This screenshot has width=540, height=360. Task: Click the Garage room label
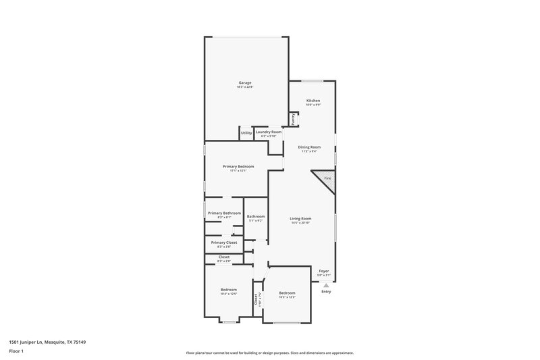(x=245, y=82)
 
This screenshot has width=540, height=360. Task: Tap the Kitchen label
(x=313, y=101)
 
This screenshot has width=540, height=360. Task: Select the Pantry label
(x=294, y=118)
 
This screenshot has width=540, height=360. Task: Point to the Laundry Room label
(x=269, y=132)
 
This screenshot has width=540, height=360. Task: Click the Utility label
(x=246, y=133)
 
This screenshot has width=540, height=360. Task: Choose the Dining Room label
(x=310, y=147)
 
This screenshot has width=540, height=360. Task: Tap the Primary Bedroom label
(x=239, y=166)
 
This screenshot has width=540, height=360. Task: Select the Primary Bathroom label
(x=224, y=213)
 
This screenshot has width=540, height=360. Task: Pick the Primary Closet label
(x=224, y=242)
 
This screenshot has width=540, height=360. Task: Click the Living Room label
(x=300, y=218)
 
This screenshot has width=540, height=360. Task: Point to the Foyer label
(x=324, y=271)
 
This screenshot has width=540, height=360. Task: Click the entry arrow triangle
(x=326, y=285)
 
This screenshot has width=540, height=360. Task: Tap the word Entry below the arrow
(x=326, y=292)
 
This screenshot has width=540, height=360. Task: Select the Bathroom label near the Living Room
(x=255, y=216)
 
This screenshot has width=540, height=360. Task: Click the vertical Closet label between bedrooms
(x=256, y=299)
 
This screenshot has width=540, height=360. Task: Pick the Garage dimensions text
(x=245, y=87)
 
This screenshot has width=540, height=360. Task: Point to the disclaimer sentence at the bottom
(x=270, y=353)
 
